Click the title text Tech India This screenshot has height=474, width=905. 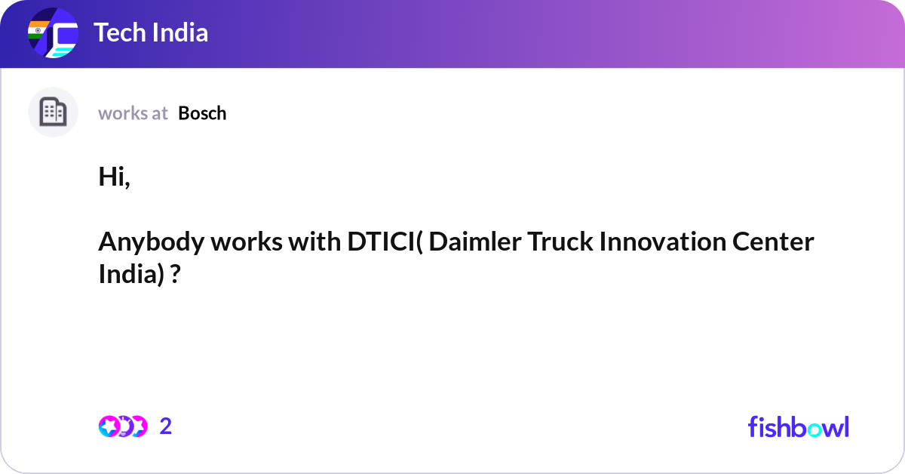point(151,33)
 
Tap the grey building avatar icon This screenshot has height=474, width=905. point(53,112)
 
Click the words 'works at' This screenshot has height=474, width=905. point(133,113)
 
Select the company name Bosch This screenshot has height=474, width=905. point(202,113)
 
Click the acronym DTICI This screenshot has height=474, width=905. point(381,242)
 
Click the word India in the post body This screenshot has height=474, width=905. point(127,274)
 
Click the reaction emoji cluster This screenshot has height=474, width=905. point(123,426)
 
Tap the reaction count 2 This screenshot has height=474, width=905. point(166,426)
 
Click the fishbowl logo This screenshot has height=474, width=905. point(798,426)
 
